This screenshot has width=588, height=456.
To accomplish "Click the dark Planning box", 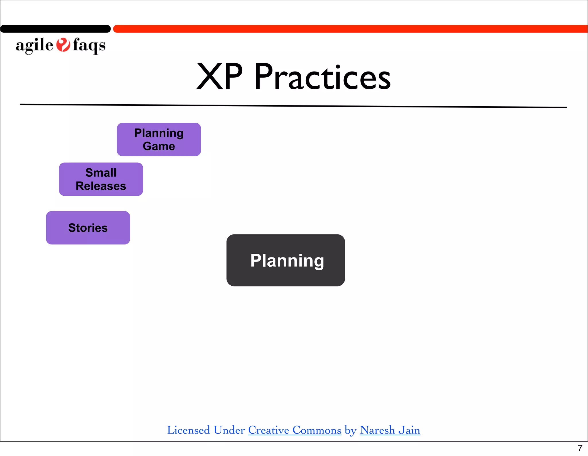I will point(286,260).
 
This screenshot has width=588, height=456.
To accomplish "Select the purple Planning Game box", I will point(159,139).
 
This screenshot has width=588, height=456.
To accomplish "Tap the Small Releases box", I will point(101,179).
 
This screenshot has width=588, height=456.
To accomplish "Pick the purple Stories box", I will point(88,228).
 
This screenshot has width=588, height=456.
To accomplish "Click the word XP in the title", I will point(219,77).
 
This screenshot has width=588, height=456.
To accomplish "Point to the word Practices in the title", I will point(322,77).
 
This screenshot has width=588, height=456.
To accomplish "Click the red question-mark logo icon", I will point(63,45).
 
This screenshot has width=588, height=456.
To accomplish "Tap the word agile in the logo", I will point(34,45).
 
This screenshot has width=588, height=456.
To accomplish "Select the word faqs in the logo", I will point(89,45).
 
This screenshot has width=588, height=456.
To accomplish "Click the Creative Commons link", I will point(295,430).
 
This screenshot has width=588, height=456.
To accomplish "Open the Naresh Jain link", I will point(390,430).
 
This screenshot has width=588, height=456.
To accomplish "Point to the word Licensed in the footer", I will point(189,430).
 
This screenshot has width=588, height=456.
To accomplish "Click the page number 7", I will point(580,448).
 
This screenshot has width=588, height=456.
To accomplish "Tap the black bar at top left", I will point(55,29).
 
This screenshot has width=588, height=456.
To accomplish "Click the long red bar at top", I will point(350,29).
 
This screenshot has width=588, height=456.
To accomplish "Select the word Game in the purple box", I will point(159,146).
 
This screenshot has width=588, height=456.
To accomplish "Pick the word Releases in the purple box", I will point(101,186).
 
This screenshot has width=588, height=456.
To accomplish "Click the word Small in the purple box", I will point(101,173).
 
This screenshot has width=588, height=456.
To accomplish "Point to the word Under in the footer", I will point(229,430).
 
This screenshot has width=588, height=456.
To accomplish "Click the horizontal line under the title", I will point(293,106).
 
